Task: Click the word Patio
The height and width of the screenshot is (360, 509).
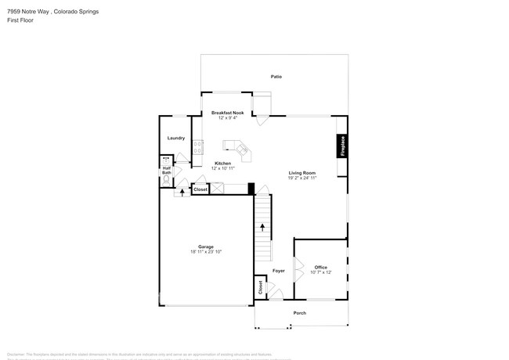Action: point(276,77)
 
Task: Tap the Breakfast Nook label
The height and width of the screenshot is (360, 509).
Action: point(228,113)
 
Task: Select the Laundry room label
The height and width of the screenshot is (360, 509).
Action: point(176,138)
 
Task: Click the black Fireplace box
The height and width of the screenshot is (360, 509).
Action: point(341,146)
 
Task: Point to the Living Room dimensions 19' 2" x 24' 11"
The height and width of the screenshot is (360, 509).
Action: point(301,178)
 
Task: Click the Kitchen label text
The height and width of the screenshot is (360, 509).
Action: point(222,164)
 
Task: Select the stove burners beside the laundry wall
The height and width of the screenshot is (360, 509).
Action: point(198,145)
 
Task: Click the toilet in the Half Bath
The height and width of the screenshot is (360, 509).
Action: point(165,178)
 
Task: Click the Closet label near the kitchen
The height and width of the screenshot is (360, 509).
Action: point(200,189)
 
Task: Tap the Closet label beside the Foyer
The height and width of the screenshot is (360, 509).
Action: point(259,286)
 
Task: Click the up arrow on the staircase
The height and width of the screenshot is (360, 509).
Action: point(263,228)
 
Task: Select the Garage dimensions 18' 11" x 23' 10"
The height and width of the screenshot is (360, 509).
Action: point(207,252)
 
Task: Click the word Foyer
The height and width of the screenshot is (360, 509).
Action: point(278,271)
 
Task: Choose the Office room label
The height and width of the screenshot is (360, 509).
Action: point(320,267)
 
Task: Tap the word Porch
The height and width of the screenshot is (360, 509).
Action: point(300,312)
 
